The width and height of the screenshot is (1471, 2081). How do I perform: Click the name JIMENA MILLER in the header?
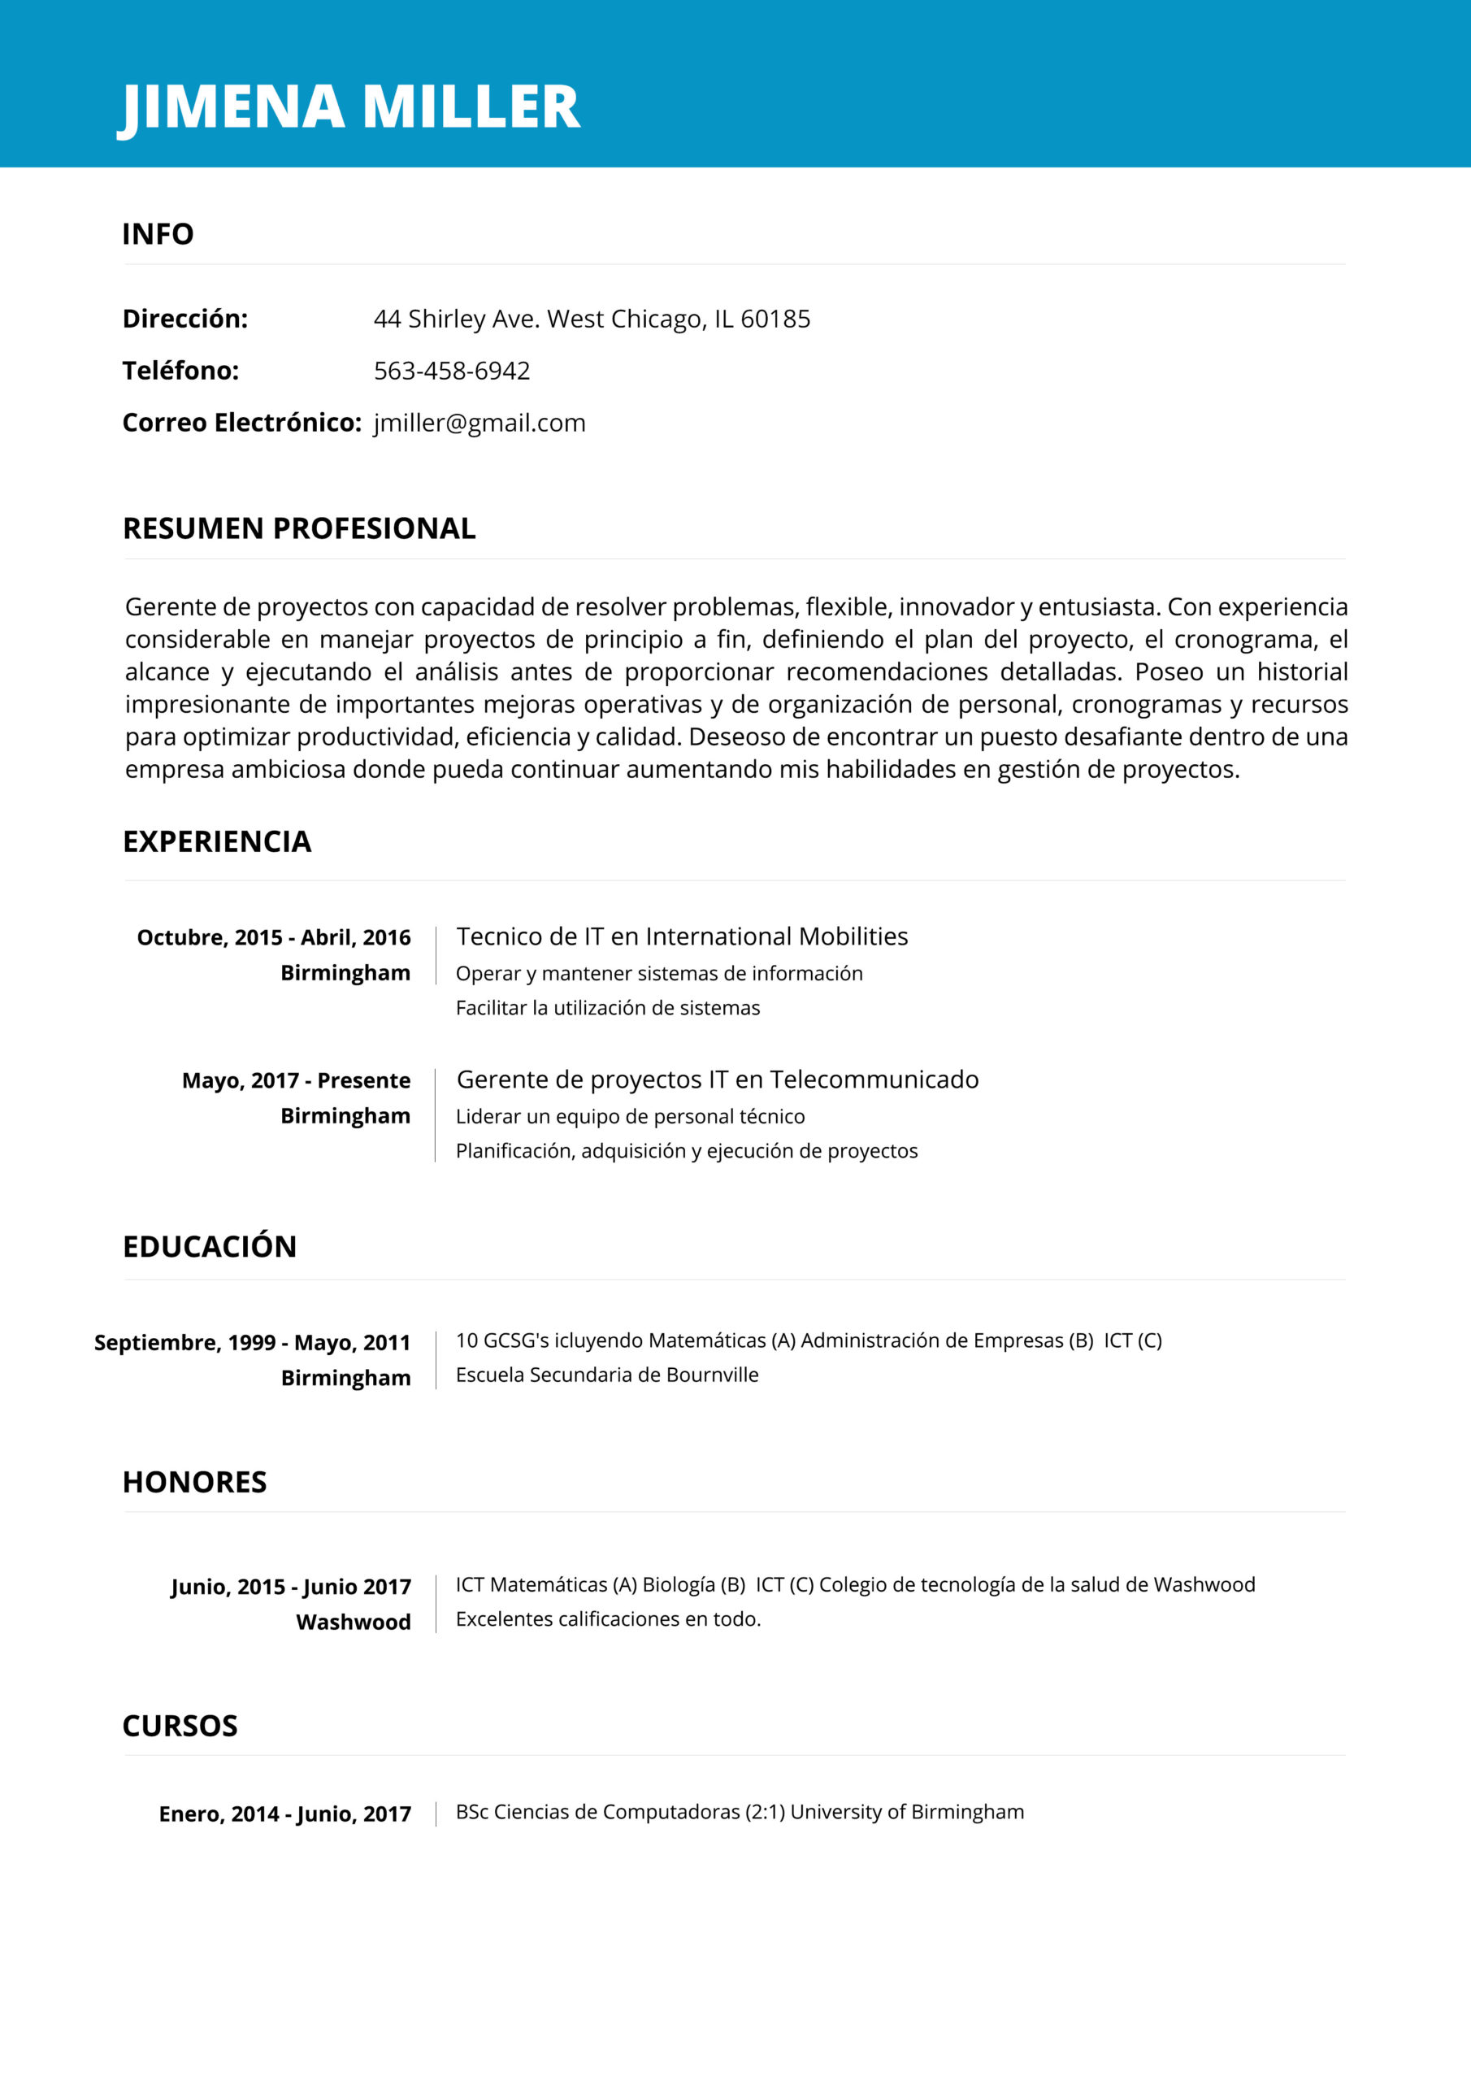[349, 107]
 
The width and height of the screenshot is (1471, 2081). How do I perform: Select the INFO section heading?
[158, 234]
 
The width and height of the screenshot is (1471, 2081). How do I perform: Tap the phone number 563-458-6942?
[451, 371]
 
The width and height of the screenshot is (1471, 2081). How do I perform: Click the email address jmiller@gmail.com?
[479, 423]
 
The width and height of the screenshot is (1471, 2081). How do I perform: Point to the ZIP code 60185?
[775, 319]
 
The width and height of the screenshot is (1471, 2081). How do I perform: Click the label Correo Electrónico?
[242, 423]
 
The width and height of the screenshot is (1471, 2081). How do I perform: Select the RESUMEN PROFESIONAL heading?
[299, 528]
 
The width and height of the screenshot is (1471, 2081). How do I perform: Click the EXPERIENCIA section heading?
[217, 841]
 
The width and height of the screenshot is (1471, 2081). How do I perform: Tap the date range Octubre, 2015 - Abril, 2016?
[274, 937]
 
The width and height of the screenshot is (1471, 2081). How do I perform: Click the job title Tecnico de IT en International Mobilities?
[682, 936]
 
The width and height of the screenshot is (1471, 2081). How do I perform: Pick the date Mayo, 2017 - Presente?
[297, 1080]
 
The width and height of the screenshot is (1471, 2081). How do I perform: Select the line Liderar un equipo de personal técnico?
[630, 1117]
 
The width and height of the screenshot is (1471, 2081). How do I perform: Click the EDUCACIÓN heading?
[210, 1246]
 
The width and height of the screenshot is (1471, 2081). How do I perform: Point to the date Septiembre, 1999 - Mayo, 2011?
[252, 1342]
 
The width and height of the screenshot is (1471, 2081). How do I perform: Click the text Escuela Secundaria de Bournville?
[607, 1375]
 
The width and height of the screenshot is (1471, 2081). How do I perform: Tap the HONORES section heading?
[195, 1482]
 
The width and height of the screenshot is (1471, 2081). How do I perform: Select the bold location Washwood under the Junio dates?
[354, 1622]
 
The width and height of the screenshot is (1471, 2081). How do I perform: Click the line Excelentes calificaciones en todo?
[608, 1618]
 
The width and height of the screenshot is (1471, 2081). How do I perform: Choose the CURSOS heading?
[180, 1726]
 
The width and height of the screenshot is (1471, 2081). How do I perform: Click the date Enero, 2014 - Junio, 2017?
[284, 1814]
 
